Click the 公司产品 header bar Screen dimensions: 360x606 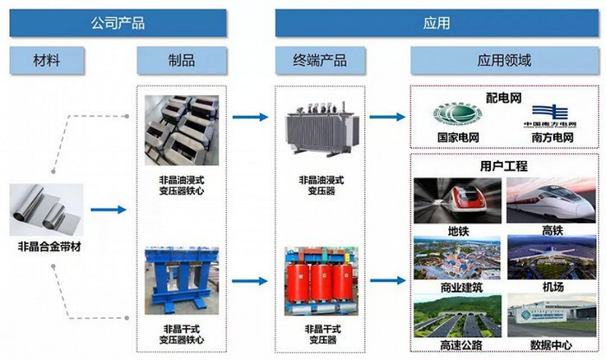point(117,23)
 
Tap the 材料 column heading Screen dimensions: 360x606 point(47,60)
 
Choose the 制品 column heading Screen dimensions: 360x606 point(181,60)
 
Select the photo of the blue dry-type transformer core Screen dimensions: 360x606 point(181,280)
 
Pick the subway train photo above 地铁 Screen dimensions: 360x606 point(457,200)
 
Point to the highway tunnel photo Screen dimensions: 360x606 point(457,313)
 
